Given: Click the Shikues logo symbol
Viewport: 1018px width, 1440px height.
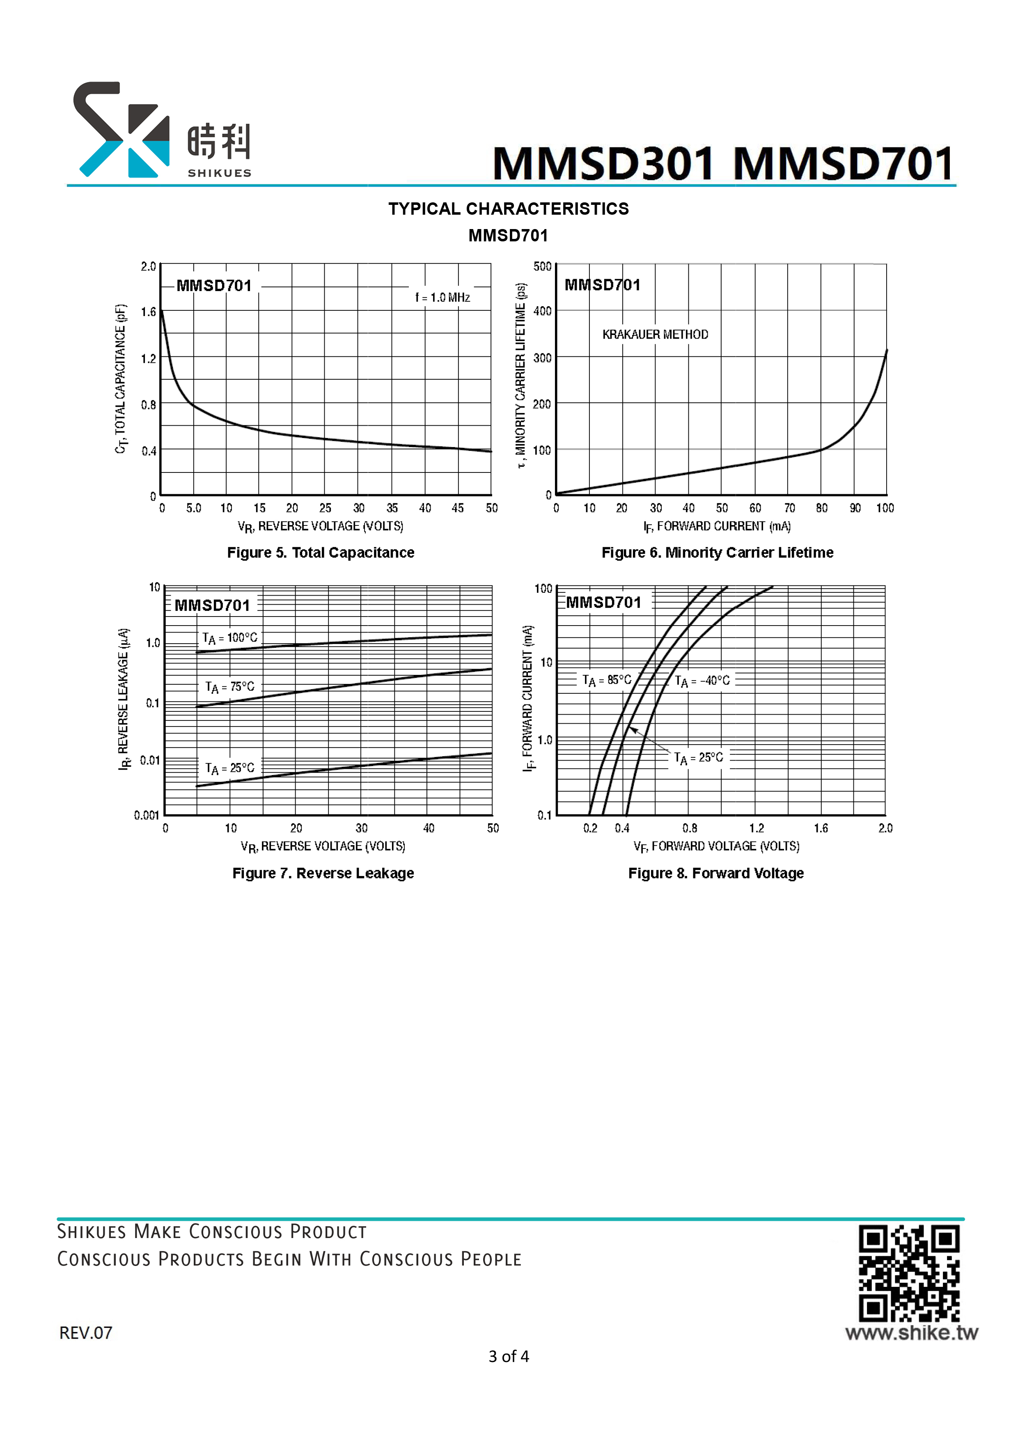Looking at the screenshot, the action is pyautogui.click(x=121, y=129).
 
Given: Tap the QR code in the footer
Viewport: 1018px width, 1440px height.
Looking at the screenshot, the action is pyautogui.click(x=909, y=1273).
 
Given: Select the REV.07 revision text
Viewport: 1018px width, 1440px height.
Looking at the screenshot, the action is pyautogui.click(x=85, y=1333).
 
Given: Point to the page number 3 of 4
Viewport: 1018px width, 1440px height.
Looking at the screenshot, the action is pyautogui.click(x=509, y=1357).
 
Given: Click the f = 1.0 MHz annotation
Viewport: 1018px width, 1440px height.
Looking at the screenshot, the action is pyautogui.click(x=442, y=297).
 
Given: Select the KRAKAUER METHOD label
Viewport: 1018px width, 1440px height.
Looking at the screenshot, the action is pyautogui.click(x=656, y=334).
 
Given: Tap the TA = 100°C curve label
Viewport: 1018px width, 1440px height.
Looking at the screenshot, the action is pyautogui.click(x=229, y=638).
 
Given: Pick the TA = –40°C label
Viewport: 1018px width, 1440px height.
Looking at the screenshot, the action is pyautogui.click(x=702, y=681).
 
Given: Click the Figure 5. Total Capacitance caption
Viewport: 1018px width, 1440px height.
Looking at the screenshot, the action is pyautogui.click(x=321, y=553).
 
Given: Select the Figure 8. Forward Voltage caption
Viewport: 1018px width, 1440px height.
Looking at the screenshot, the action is pyautogui.click(x=715, y=873).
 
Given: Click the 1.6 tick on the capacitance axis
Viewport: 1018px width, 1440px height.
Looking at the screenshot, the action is pyautogui.click(x=148, y=312).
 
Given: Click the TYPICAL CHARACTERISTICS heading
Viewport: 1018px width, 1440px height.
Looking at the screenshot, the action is pyautogui.click(x=509, y=209).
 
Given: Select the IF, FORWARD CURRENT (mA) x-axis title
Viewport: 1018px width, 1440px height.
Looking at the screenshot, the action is pyautogui.click(x=717, y=527).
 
